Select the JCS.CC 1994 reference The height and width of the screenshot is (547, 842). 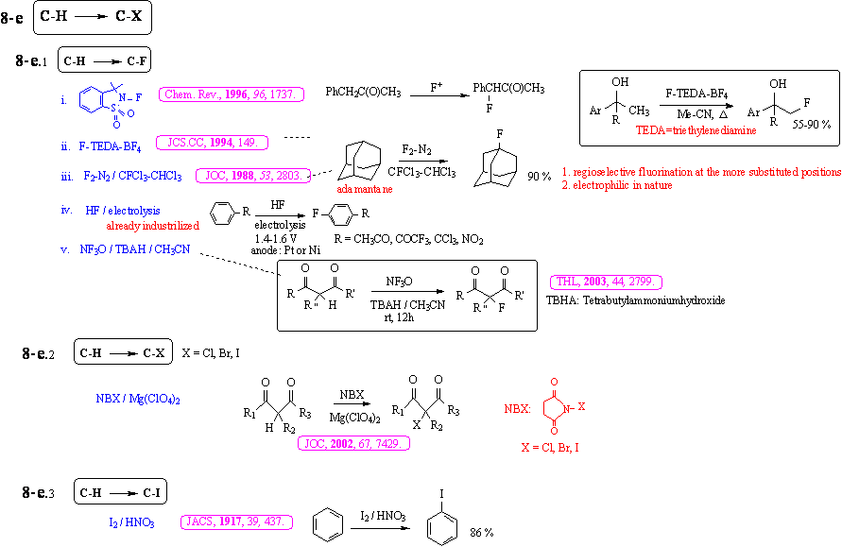(x=212, y=143)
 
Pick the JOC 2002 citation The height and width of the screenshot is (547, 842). (x=353, y=443)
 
